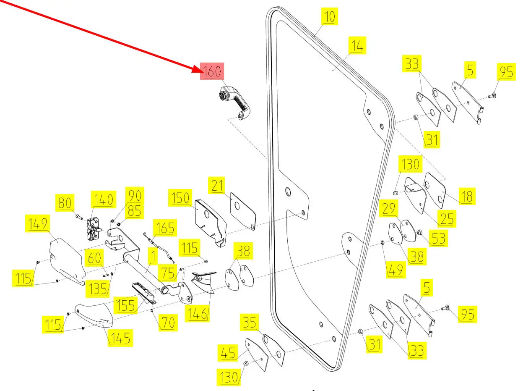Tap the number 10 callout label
(330, 17)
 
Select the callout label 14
(357, 45)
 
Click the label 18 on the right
(467, 196)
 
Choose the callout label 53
(438, 238)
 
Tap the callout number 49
(396, 269)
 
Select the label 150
(180, 197)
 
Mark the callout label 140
(103, 199)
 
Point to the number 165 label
(165, 228)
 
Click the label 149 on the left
(37, 224)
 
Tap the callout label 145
(120, 337)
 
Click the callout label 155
(125, 305)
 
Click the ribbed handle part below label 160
(237, 102)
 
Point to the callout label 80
(65, 203)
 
